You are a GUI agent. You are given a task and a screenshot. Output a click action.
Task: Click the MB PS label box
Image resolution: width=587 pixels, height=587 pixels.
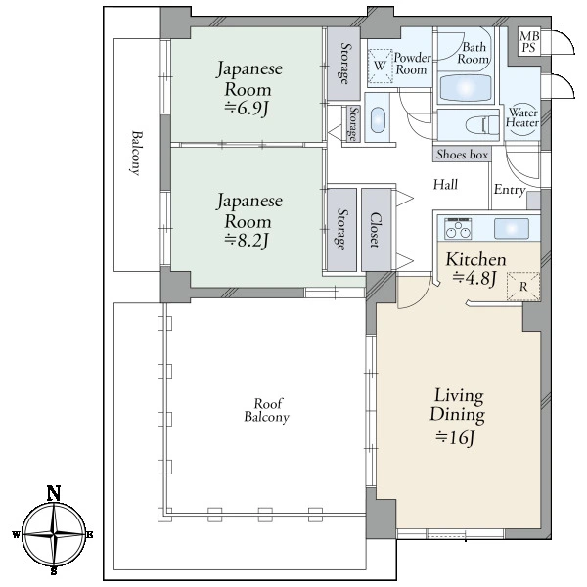click(529, 41)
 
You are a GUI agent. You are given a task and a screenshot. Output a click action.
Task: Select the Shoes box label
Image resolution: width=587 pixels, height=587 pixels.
click(463, 155)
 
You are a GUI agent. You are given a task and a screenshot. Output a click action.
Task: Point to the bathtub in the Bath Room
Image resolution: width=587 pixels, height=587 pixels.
click(465, 88)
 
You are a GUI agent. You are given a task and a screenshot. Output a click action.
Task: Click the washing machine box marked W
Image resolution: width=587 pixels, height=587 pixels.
click(380, 66)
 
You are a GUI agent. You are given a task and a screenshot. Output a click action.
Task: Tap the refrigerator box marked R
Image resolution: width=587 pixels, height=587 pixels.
click(523, 287)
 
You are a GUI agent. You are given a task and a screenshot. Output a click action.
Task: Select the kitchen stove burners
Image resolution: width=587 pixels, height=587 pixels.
click(458, 228)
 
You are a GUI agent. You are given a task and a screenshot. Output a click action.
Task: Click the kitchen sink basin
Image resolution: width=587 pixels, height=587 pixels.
click(512, 228)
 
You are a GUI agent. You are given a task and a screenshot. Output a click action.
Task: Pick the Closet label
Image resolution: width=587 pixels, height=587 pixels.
click(375, 230)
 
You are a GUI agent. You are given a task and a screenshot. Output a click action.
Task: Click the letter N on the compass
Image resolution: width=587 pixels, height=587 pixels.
click(54, 493)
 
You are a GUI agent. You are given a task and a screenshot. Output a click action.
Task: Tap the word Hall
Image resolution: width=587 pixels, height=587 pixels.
click(445, 184)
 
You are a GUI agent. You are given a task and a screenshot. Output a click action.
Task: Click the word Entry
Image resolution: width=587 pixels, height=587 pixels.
click(510, 190)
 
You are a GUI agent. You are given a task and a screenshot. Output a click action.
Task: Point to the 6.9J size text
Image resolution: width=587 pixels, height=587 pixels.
click(247, 109)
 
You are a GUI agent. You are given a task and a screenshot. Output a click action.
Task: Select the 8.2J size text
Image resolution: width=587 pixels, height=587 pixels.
click(247, 241)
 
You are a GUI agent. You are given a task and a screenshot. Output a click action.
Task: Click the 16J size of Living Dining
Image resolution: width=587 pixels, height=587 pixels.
click(456, 437)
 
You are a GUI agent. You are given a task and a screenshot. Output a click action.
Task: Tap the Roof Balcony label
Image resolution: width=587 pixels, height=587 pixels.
click(267, 410)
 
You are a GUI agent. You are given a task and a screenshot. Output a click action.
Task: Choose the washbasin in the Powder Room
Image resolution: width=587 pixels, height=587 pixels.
click(378, 120)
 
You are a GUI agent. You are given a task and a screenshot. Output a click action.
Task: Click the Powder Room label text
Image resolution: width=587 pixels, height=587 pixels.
click(412, 64)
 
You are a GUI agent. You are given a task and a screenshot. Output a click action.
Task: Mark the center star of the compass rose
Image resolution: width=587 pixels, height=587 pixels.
click(54, 534)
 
